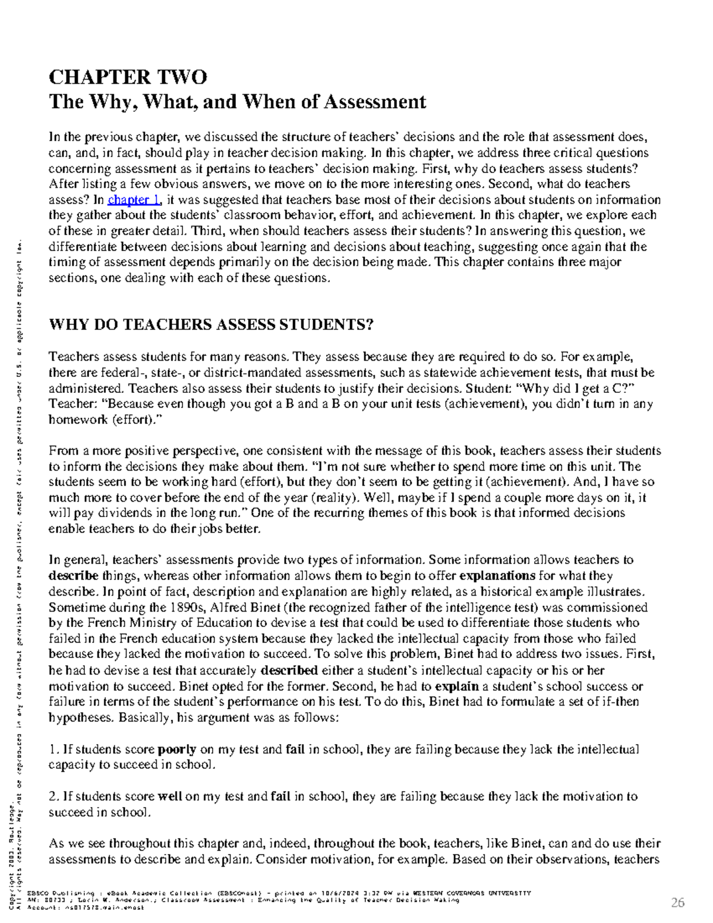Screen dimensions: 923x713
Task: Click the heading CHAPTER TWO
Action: tap(128, 77)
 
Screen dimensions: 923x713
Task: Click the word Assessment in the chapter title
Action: tap(374, 102)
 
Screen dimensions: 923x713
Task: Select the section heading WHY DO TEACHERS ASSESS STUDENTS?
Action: tap(211, 325)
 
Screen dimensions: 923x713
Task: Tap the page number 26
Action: tap(677, 903)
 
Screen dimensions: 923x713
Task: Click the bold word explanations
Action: tap(498, 576)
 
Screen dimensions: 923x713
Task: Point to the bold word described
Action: tap(289, 670)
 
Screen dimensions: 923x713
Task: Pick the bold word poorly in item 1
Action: tap(176, 749)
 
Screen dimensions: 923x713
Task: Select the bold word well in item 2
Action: tap(170, 796)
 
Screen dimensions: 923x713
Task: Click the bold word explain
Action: tap(457, 686)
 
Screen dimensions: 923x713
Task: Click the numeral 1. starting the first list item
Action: tap(54, 749)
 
